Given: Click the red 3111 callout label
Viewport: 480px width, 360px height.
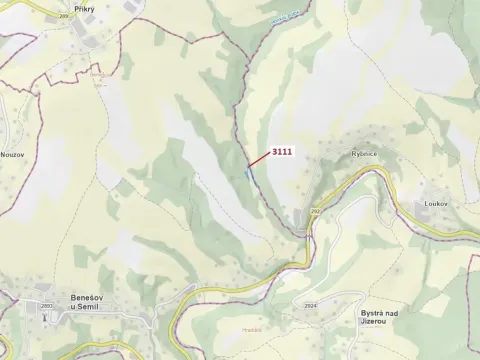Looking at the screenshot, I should [x=281, y=153].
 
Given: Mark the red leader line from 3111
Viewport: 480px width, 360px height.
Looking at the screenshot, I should [x=259, y=160].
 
